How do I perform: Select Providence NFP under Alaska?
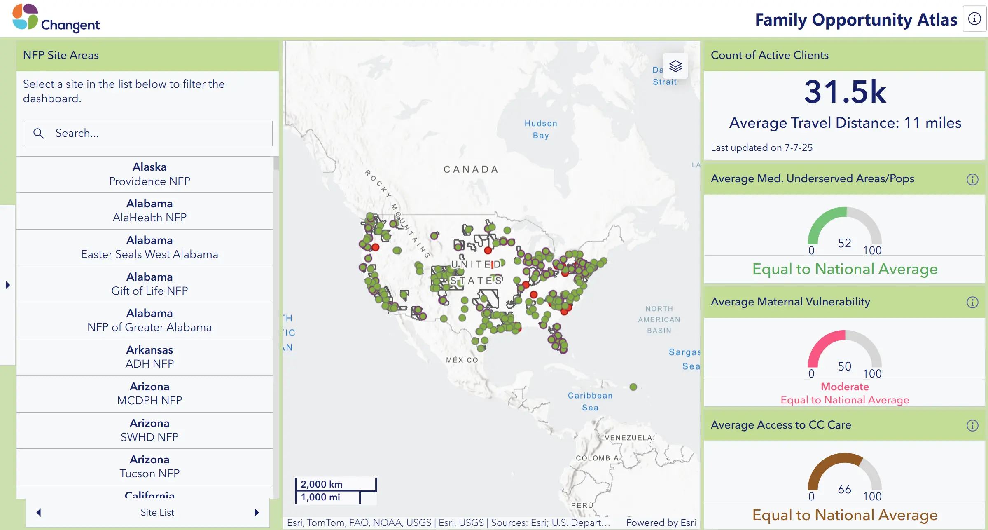click(149, 174)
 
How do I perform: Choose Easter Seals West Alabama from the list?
click(149, 247)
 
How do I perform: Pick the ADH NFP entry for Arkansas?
click(149, 357)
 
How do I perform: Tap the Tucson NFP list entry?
click(149, 467)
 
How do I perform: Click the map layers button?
click(675, 66)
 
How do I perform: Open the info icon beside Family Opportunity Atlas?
click(974, 19)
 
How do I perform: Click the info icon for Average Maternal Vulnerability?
click(972, 303)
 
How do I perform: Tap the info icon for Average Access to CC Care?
click(972, 426)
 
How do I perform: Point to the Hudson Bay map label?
click(541, 129)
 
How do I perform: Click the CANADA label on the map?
click(471, 169)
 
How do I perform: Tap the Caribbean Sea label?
click(590, 401)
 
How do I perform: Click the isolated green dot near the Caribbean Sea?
click(633, 387)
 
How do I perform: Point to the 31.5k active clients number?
click(845, 92)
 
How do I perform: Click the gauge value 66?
click(844, 489)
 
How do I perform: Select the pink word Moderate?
click(845, 387)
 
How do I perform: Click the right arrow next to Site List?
click(257, 512)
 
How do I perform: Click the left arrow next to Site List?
click(39, 512)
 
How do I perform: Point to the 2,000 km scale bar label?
click(322, 484)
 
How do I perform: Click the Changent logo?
click(56, 19)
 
